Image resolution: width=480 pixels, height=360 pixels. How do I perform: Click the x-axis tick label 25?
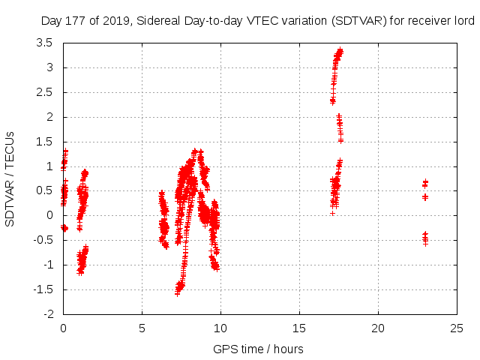(x=457, y=328)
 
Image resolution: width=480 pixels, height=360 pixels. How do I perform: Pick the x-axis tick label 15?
(x=299, y=328)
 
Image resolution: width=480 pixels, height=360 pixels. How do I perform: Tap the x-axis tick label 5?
(x=142, y=328)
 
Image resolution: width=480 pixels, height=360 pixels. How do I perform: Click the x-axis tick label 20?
(x=378, y=328)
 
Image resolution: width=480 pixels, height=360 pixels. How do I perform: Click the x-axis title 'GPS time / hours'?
(x=258, y=349)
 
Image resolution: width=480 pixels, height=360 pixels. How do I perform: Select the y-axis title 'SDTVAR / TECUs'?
(x=10, y=178)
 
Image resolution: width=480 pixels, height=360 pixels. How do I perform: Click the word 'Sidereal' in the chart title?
(x=160, y=21)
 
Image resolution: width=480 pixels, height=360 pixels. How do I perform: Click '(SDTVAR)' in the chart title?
(x=356, y=21)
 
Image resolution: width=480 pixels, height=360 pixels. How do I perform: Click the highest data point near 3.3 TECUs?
(x=340, y=50)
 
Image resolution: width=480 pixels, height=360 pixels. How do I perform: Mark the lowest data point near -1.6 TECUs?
(x=178, y=293)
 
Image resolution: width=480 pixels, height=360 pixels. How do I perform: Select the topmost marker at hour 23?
(x=425, y=181)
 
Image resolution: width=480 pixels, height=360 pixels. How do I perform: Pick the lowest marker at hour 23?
(x=425, y=243)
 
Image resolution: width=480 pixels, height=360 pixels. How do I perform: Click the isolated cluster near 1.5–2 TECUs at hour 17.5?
(x=340, y=127)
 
